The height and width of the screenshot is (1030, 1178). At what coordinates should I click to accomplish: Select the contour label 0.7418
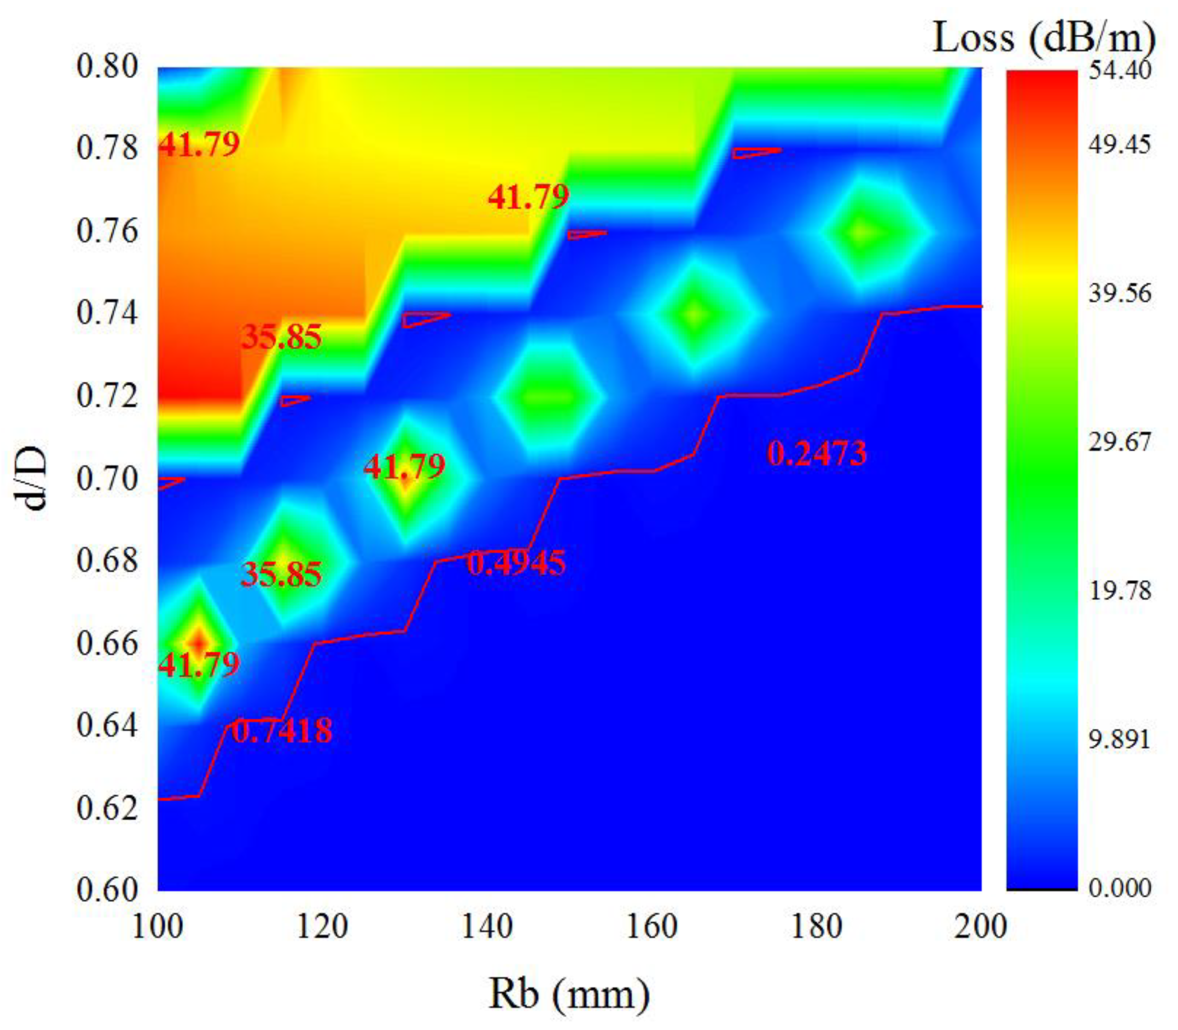282,731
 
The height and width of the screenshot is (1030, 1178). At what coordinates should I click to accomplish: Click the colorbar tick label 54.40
1119,70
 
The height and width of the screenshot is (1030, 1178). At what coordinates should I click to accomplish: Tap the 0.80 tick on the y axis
108,67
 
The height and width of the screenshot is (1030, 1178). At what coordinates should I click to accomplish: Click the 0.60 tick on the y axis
108,890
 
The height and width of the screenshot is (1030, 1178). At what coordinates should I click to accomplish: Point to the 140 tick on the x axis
487,927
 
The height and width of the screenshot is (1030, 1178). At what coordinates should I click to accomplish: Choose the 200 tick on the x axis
980,927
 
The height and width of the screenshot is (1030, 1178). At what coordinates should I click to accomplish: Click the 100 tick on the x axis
157,927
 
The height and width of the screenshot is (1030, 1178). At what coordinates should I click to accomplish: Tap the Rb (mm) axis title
569,994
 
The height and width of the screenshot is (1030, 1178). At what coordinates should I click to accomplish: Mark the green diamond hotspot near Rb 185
861,232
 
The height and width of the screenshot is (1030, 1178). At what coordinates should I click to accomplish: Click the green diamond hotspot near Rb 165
696,314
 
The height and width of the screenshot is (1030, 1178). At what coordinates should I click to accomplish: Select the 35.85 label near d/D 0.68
281,574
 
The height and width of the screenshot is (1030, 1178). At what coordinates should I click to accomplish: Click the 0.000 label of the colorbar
1119,888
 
